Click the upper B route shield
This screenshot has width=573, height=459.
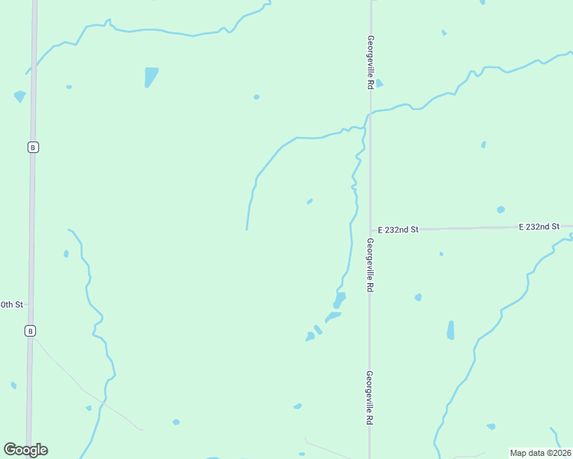pos(32,147)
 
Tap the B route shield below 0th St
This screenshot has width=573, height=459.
pos(30,330)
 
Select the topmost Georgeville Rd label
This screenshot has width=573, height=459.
pos(370,63)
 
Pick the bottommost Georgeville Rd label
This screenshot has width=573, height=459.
pos(369,398)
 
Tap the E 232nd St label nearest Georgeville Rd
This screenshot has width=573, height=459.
pos(398,229)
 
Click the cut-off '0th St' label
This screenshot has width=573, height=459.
pos(11,304)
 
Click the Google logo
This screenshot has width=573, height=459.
pos(25,450)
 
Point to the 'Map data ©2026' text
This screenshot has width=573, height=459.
pos(540,453)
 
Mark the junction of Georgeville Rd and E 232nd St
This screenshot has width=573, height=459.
pos(371,229)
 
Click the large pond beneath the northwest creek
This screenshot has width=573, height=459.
pos(151,76)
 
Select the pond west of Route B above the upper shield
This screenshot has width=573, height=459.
pos(19,96)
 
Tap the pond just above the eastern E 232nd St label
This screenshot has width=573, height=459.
pos(500,210)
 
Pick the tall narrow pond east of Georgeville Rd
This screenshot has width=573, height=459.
pos(450,330)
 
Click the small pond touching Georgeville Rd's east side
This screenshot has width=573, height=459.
pos(378,83)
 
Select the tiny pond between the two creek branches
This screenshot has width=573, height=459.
pos(309,201)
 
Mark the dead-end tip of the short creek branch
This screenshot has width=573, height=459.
pos(246,229)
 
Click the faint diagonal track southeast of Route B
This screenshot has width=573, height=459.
pos(84,390)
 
